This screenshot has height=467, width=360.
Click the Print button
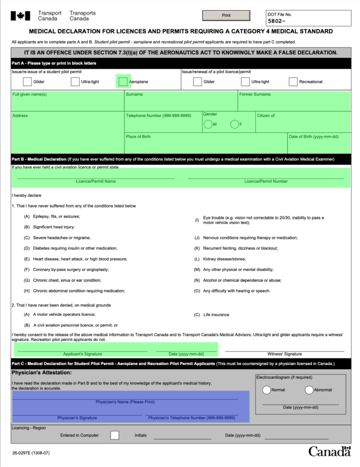click(226, 15)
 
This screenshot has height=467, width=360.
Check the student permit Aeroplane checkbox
click(123, 82)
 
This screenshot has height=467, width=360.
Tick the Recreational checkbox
click(293, 82)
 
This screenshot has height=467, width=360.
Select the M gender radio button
click(208, 124)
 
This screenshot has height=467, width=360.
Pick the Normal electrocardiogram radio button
click(266, 390)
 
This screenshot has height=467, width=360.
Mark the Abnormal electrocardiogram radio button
click(309, 390)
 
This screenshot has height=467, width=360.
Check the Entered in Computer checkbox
click(115, 435)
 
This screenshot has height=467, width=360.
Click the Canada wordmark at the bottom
click(330, 452)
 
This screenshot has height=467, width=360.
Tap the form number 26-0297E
click(31, 453)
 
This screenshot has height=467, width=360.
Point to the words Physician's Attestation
click(42, 372)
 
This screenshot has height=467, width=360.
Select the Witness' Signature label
click(285, 354)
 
